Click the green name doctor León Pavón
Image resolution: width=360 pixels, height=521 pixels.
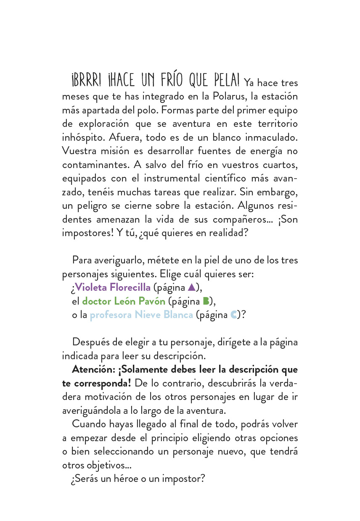(x=124, y=301)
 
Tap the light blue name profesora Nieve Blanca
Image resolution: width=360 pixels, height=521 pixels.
(x=141, y=315)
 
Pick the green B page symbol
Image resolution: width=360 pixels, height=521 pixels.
(x=206, y=301)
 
